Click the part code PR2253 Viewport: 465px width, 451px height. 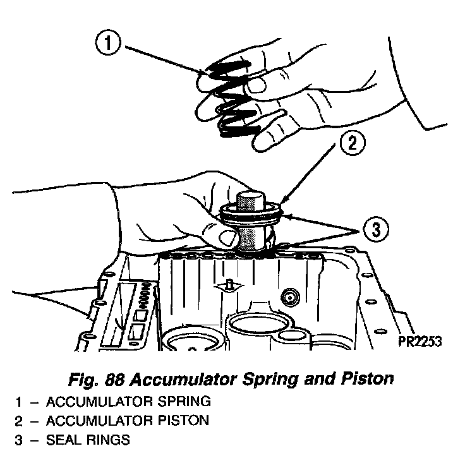(419, 342)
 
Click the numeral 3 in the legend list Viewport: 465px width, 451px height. (19, 439)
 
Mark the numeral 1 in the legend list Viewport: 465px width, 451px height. (19, 402)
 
